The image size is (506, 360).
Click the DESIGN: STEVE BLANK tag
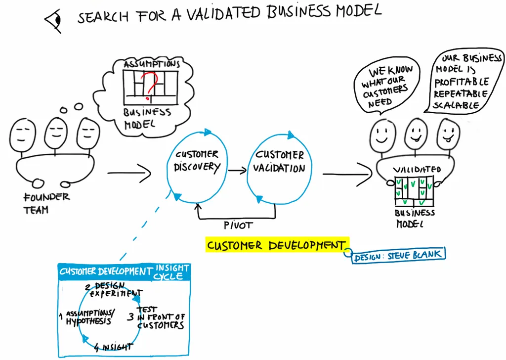(x=398, y=255)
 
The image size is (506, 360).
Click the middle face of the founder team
(x=56, y=132)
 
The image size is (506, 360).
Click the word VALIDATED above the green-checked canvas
(x=417, y=170)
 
